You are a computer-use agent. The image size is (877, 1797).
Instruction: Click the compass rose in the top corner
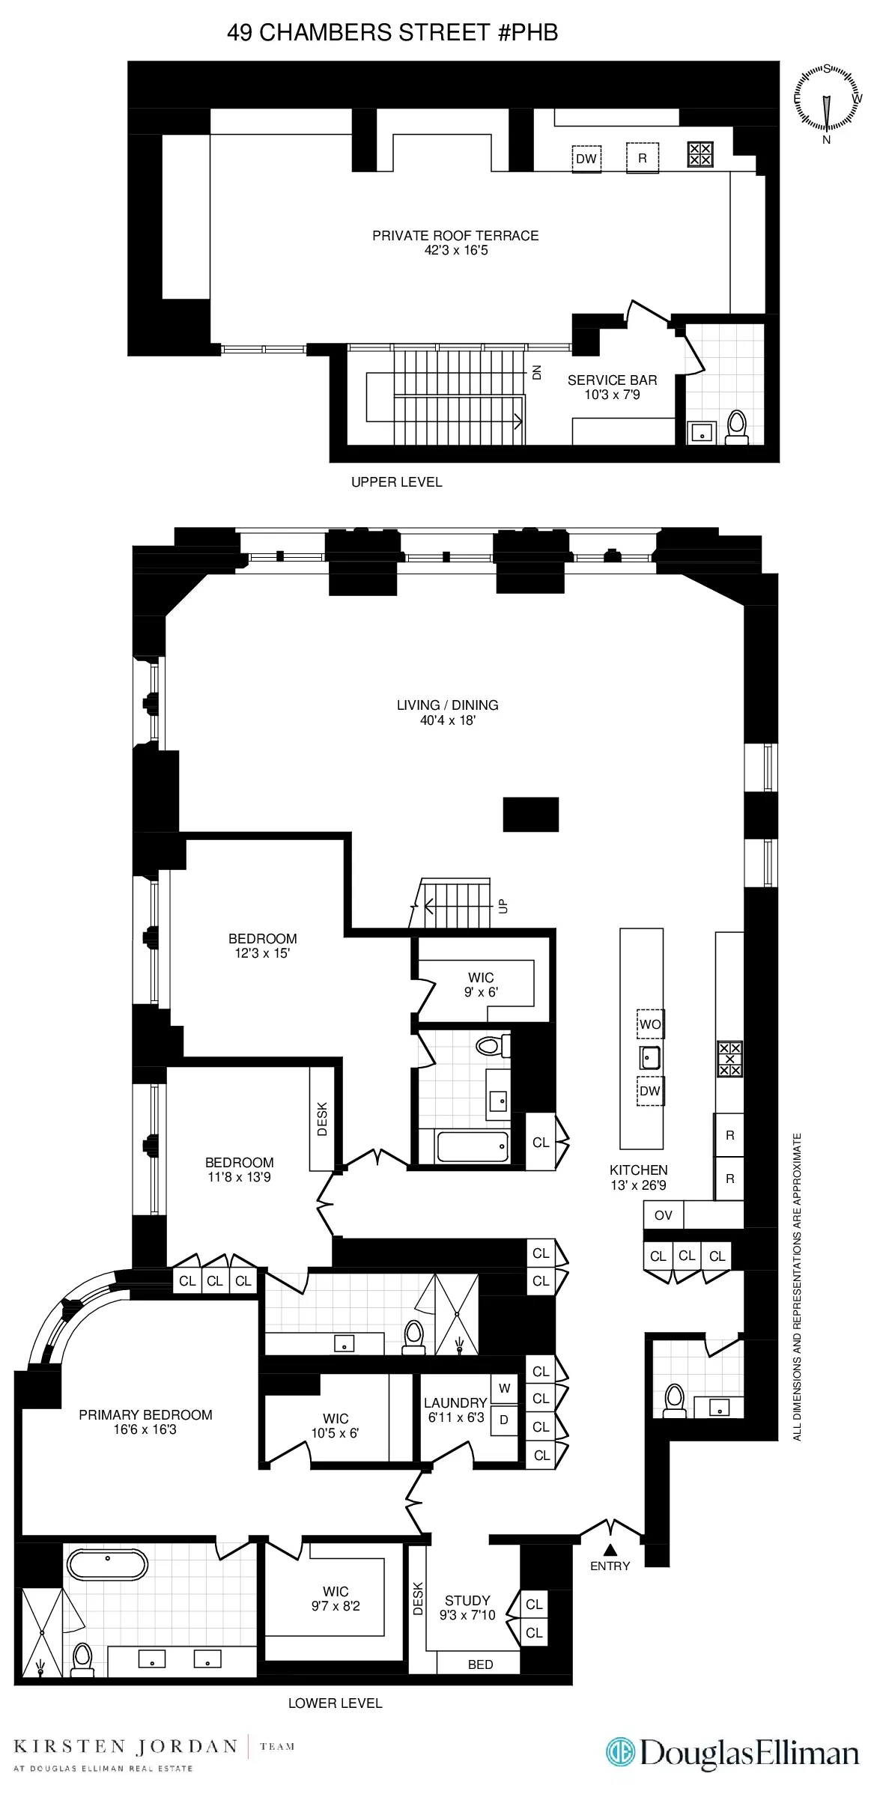coord(827,100)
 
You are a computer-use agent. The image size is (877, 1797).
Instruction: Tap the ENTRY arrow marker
coord(610,1550)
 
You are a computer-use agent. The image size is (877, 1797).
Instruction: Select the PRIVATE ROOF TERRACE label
coord(455,242)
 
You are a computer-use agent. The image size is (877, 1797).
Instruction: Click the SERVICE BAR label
coord(612,386)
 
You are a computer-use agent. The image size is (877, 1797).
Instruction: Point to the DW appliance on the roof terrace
coord(586,159)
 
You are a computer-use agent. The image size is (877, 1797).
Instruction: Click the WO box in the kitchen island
coord(649,1024)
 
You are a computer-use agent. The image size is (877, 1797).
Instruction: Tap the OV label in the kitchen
coord(663,1215)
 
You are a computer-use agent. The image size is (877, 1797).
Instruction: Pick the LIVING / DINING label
coord(447,712)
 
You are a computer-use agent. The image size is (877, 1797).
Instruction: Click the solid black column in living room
coord(530,814)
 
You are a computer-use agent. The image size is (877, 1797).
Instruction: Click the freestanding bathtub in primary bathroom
coord(107,1564)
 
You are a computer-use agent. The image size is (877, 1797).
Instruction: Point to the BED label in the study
coord(480,1664)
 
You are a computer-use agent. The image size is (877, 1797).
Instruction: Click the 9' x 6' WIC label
coord(481,984)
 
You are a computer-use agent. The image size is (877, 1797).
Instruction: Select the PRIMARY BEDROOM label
coord(145,1421)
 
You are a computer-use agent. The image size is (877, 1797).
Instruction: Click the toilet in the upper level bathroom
coord(737,427)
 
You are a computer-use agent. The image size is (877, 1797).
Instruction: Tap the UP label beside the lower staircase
coord(503,906)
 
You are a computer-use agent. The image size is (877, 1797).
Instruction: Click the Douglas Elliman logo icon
coord(621,1753)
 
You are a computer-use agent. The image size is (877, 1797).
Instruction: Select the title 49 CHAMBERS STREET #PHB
coord(392,32)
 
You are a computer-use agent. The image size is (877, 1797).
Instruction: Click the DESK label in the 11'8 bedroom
coord(322,1119)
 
